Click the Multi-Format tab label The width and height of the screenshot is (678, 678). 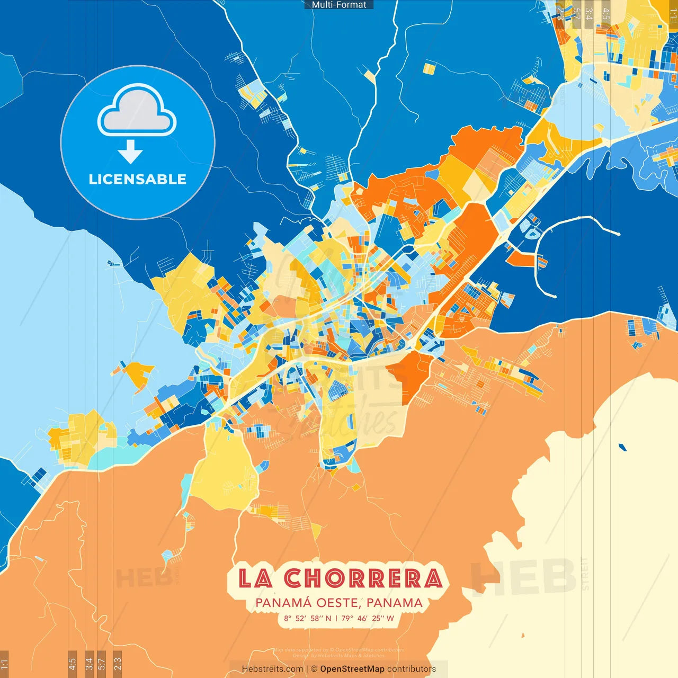339,5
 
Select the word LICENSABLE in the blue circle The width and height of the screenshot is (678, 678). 138,179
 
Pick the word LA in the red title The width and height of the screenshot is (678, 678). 255,578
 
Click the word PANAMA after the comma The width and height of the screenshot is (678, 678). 394,603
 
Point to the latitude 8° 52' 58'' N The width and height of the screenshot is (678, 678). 307,618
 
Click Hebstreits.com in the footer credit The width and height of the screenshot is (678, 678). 272,669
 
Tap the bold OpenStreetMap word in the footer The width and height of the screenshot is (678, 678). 352,669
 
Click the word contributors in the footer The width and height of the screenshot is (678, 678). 412,669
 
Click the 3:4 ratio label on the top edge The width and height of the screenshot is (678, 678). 588,14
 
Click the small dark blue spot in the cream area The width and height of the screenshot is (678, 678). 622,447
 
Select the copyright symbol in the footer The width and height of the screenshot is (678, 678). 314,669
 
